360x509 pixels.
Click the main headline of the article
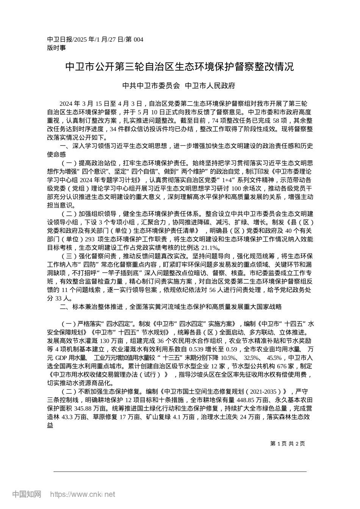(180, 67)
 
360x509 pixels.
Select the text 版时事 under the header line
(56, 48)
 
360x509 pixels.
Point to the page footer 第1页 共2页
(288, 443)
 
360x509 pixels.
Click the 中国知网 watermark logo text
(27, 494)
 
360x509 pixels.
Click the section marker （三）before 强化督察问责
(69, 256)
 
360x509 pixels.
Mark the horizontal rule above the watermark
(180, 472)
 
